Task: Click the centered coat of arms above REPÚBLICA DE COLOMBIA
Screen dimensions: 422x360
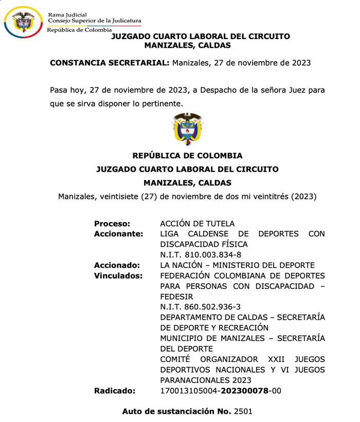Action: (187, 129)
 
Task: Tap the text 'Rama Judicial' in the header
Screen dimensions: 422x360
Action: (67, 15)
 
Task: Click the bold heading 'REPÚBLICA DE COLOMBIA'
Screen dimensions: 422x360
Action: (187, 156)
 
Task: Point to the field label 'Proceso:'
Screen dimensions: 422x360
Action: (112, 224)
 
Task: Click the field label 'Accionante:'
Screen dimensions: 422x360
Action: (118, 234)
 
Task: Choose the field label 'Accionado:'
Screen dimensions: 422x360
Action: (117, 265)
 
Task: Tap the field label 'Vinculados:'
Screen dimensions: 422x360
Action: (118, 276)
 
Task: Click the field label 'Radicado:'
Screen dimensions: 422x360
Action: (115, 391)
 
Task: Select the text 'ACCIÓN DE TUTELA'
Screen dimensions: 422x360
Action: (197, 224)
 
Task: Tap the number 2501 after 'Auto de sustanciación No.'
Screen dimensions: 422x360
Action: (243, 411)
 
